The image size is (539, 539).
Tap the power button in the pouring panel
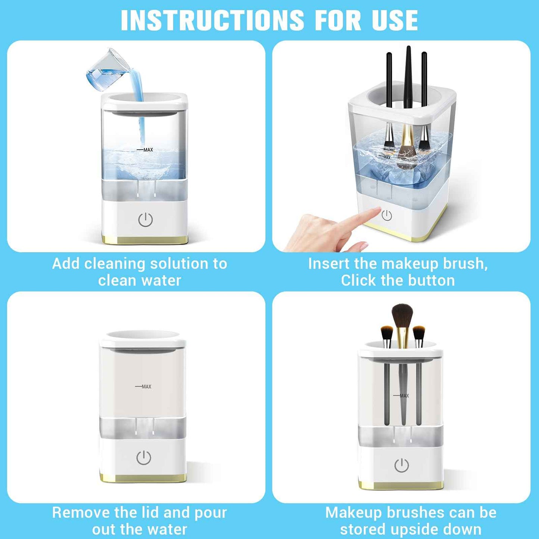click(x=145, y=220)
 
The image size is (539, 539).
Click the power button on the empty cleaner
click(x=144, y=458)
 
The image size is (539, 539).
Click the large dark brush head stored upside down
click(x=402, y=315)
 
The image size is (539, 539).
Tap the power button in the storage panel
click(x=401, y=466)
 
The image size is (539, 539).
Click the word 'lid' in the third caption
click(x=149, y=513)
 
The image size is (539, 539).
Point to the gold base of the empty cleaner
click(x=143, y=478)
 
